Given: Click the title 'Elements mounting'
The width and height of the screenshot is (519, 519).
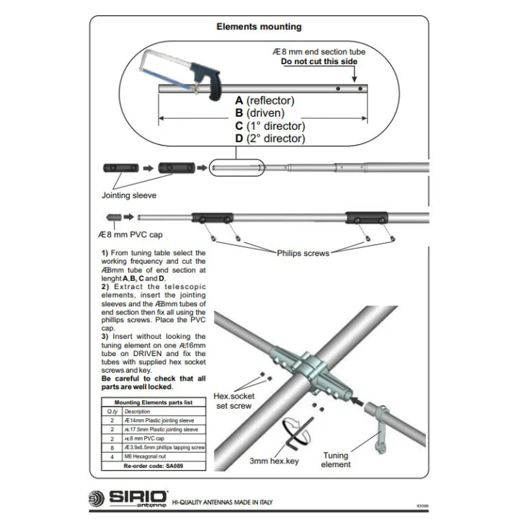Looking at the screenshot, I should coord(259,27).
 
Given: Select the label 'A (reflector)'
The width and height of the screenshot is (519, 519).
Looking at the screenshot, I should coord(265,101).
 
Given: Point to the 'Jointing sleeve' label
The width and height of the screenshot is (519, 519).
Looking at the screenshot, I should coord(128,195).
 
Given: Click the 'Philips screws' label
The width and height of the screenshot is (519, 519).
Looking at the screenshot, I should coord(303,253).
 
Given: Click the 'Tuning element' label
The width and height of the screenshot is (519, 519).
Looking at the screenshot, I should coord(336,460).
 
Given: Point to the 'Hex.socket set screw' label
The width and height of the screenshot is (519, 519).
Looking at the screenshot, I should coord(234,401).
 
